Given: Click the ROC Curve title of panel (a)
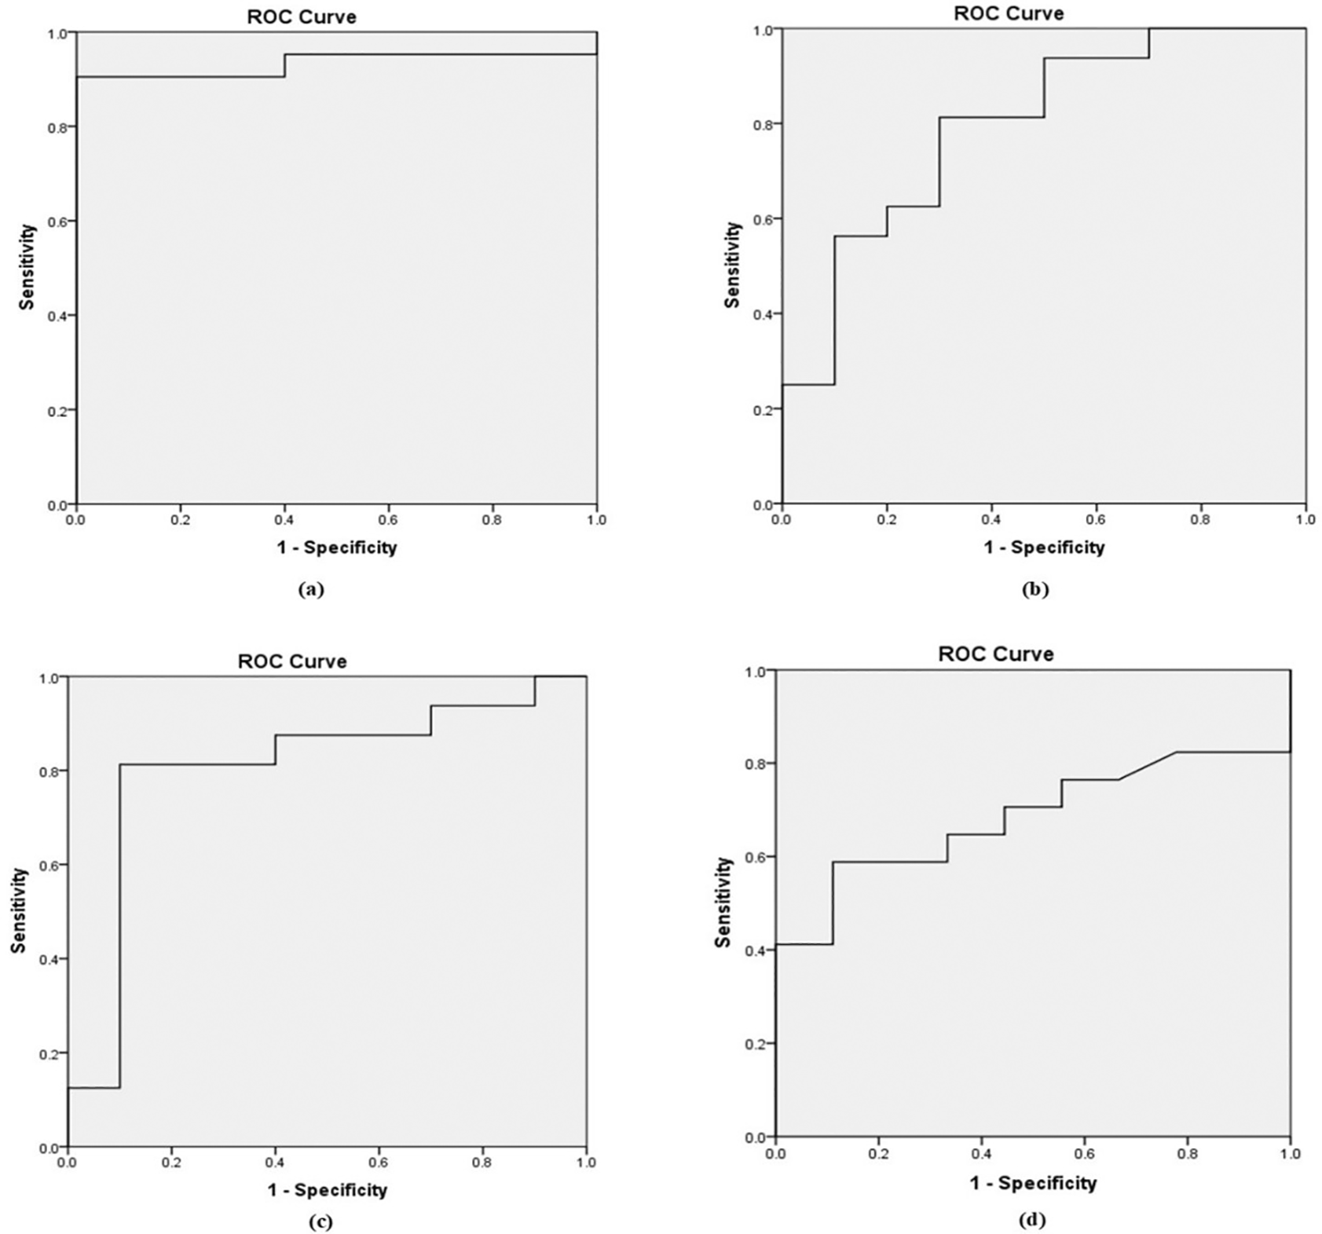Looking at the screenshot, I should (x=301, y=16).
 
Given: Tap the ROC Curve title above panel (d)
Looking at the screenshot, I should (x=995, y=654).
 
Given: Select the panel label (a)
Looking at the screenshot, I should (x=311, y=590).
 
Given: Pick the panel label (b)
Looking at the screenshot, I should (x=1035, y=590).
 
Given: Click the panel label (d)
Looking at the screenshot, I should (x=1032, y=1220).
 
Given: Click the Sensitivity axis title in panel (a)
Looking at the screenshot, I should (x=28, y=267).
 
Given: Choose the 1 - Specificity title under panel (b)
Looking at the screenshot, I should (x=1044, y=547).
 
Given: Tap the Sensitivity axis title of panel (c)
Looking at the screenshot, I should (x=19, y=910).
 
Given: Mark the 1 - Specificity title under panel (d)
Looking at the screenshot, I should (x=1033, y=1183).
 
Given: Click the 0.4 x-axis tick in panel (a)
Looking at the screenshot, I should (x=284, y=520).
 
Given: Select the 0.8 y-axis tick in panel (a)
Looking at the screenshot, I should (x=57, y=126).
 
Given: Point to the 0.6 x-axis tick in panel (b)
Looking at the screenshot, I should (x=1096, y=520).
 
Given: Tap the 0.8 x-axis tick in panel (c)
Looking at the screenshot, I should (x=482, y=1163).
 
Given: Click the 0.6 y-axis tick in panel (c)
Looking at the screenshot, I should (x=48, y=865).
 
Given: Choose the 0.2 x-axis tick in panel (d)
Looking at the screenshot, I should (x=878, y=1153).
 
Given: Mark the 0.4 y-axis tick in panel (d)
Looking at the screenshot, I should (x=756, y=950).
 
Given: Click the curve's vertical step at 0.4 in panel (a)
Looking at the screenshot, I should (x=284, y=66).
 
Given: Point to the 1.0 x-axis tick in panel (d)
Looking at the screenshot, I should (x=1291, y=1153).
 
